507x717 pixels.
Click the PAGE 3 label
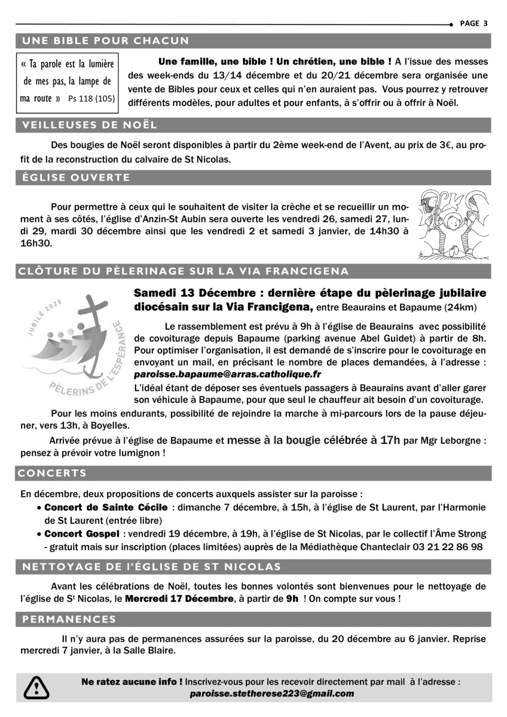pyautogui.click(x=474, y=23)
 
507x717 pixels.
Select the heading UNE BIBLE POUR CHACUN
pyautogui.click(x=105, y=41)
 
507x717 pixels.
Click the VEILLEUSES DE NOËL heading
pyautogui.click(x=89, y=125)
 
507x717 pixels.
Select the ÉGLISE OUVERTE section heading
pyautogui.click(x=76, y=177)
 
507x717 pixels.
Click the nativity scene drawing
pyautogui.click(x=454, y=224)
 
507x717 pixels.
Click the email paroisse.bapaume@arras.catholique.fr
pyautogui.click(x=228, y=375)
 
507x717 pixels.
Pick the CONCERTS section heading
pyautogui.click(x=53, y=473)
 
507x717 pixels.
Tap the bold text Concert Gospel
pyautogui.click(x=81, y=533)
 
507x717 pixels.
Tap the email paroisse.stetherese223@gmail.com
pyautogui.click(x=272, y=694)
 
